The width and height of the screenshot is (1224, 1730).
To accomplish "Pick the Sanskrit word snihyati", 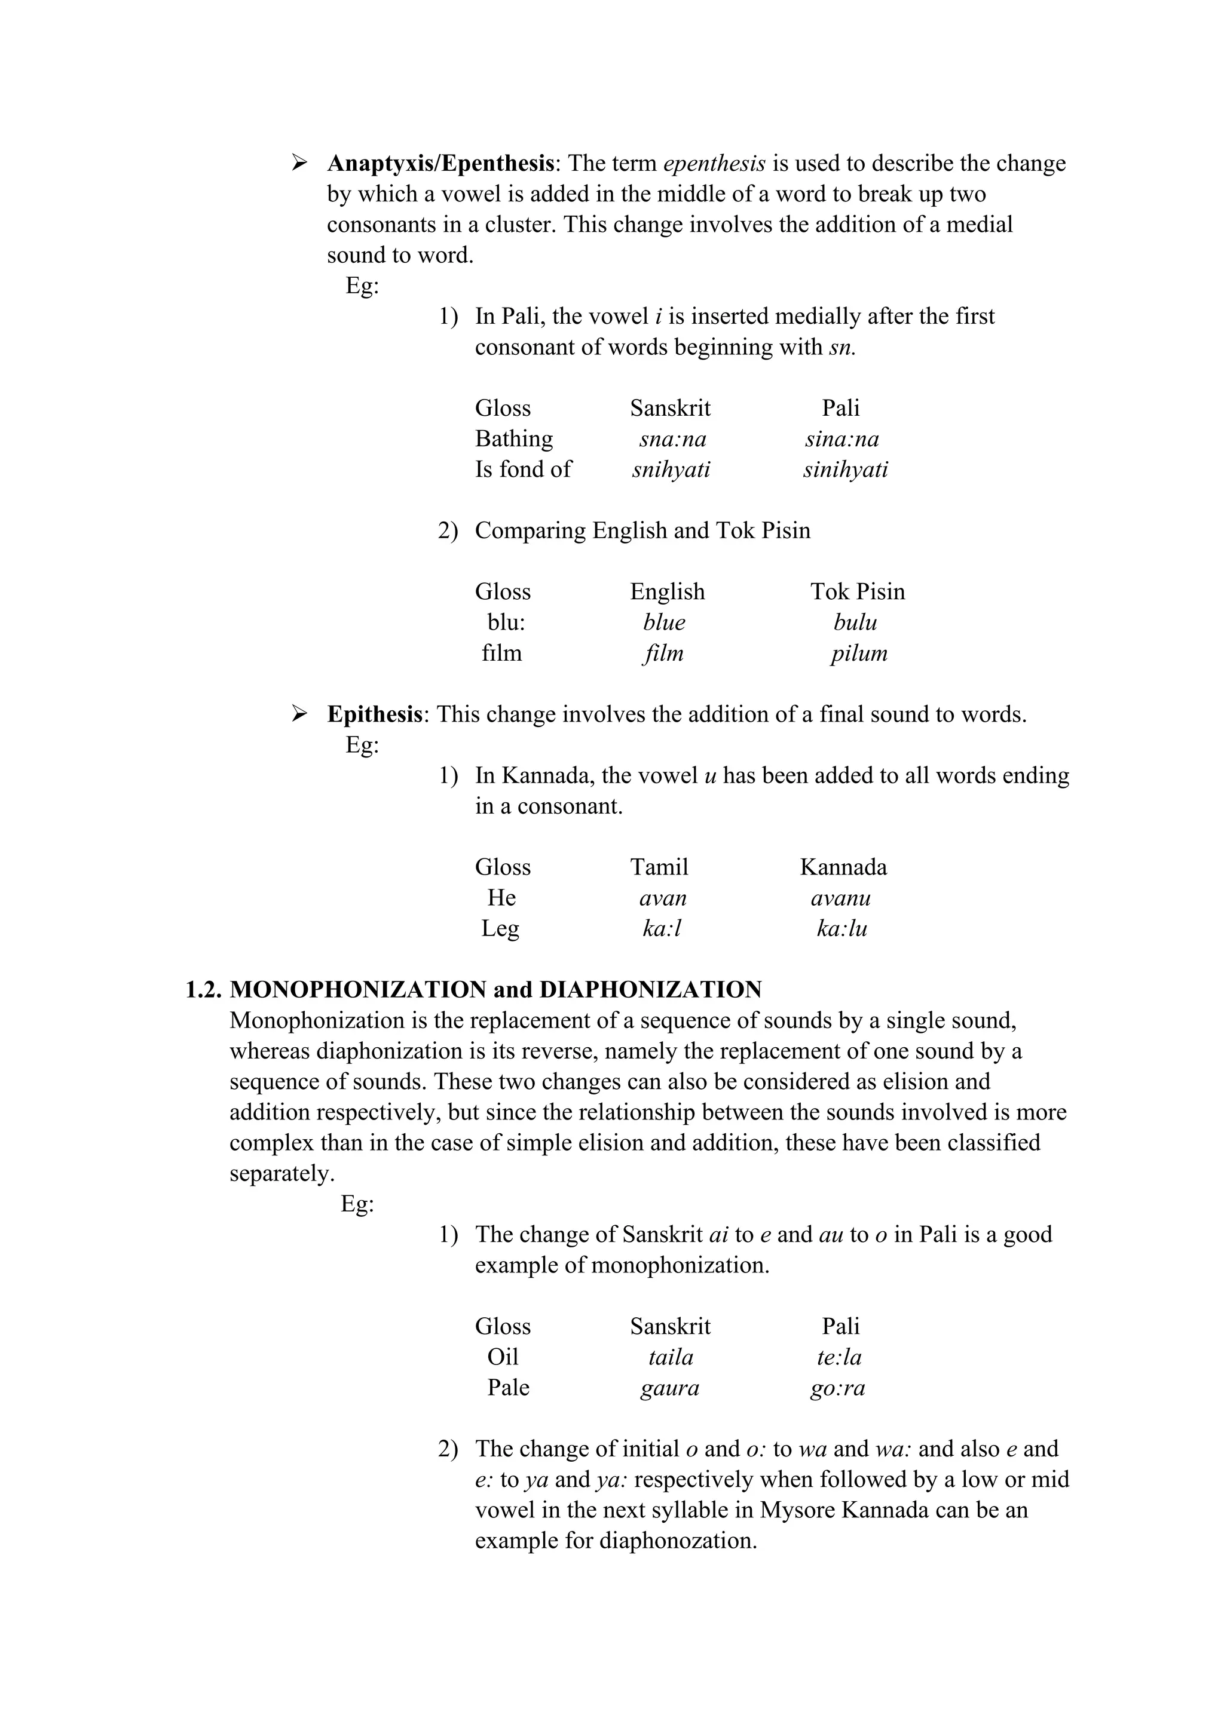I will pyautogui.click(x=671, y=470).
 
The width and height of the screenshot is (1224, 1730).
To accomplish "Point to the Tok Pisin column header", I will pyautogui.click(x=857, y=591).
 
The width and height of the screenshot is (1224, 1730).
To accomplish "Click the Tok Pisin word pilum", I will pyautogui.click(x=859, y=654).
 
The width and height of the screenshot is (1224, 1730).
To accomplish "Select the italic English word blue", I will pyautogui.click(x=664, y=622).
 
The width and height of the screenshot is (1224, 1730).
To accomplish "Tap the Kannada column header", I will pyautogui.click(x=843, y=867).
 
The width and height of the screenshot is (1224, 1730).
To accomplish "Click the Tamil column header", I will pyautogui.click(x=659, y=867).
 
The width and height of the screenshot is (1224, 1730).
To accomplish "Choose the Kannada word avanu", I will pyautogui.click(x=840, y=898).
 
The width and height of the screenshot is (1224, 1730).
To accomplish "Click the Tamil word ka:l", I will pyautogui.click(x=662, y=929).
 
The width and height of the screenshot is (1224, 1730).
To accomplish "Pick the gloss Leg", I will pyautogui.click(x=500, y=929).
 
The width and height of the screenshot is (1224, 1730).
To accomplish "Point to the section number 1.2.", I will pyautogui.click(x=203, y=989).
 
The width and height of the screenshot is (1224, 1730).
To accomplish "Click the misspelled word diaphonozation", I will pyautogui.click(x=678, y=1541).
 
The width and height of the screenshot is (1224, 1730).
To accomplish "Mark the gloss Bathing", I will pyautogui.click(x=513, y=439).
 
